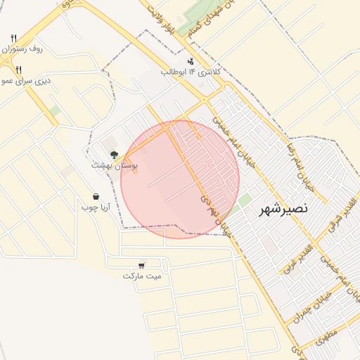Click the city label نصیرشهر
click(x=283, y=210)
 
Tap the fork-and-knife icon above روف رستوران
click(x=14, y=38)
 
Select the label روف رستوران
click(x=22, y=50)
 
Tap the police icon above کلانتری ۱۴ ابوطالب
click(x=191, y=61)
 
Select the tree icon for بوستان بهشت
click(x=114, y=154)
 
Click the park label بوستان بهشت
click(x=110, y=165)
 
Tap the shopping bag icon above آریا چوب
click(x=96, y=197)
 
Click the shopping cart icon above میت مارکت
click(x=142, y=265)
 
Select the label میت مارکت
click(x=142, y=276)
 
